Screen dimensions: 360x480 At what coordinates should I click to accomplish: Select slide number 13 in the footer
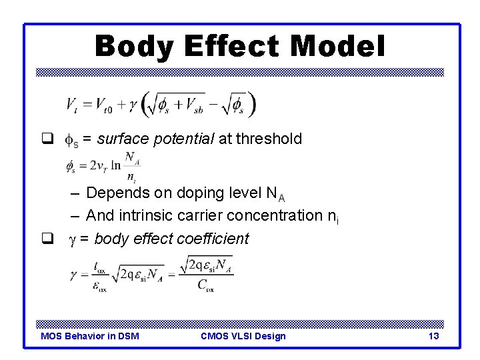pyautogui.click(x=433, y=336)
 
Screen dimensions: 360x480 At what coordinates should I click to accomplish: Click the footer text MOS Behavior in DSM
pyautogui.click(x=90, y=336)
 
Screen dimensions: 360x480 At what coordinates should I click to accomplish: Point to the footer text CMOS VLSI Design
pyautogui.click(x=243, y=336)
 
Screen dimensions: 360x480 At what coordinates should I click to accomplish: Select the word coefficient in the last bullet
pyautogui.click(x=214, y=239)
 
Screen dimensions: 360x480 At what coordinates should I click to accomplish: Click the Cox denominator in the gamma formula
pyautogui.click(x=205, y=286)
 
